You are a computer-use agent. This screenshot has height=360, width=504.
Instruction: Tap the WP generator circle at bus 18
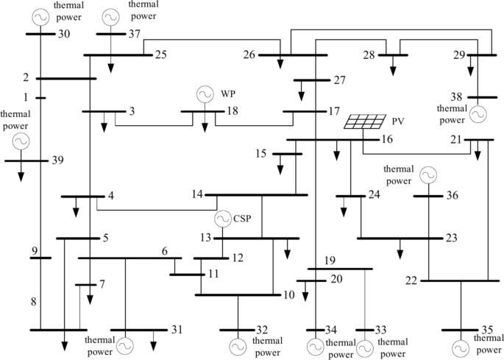[204, 95]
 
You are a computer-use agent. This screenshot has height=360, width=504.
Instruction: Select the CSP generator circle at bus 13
[222, 219]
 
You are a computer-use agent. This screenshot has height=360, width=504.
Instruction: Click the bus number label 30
[64, 33]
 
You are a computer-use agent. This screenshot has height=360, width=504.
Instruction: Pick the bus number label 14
[196, 194]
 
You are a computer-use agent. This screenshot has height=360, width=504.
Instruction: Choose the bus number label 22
[411, 280]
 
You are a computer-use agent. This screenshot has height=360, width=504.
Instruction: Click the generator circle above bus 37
[110, 15]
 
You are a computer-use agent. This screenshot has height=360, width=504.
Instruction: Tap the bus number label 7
[102, 283]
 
